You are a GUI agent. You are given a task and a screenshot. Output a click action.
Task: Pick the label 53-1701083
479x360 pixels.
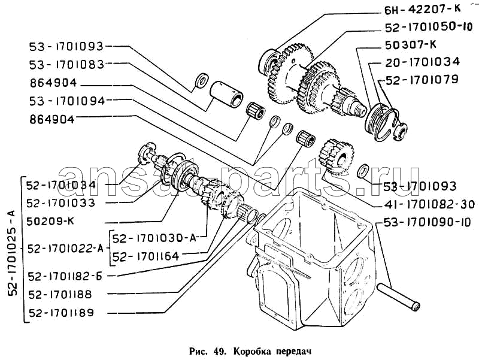[65, 63]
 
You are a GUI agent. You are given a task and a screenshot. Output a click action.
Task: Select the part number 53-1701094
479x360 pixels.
[65, 101]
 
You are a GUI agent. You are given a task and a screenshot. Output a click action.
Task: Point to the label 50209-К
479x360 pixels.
[50, 221]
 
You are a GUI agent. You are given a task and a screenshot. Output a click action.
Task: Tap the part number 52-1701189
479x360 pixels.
[64, 312]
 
